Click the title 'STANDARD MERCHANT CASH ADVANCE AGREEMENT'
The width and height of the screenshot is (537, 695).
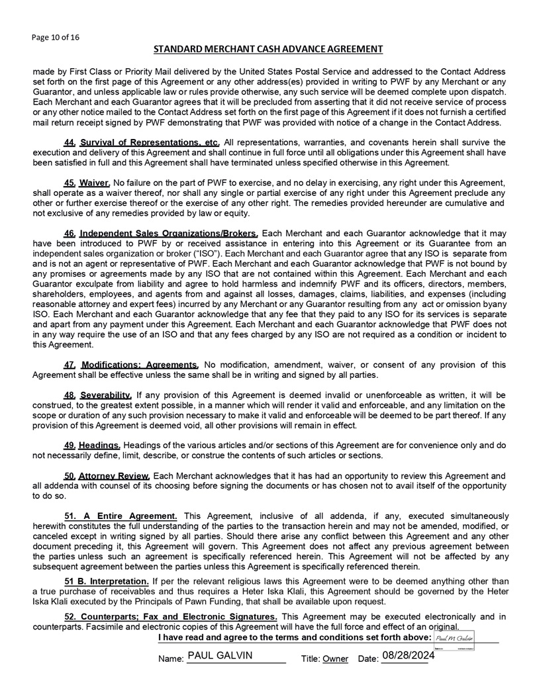click(x=268, y=49)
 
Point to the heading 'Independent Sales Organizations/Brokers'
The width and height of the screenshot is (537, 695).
click(x=170, y=233)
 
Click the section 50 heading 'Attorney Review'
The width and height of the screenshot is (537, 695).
click(x=115, y=475)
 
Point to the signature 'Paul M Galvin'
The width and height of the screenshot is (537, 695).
click(x=453, y=637)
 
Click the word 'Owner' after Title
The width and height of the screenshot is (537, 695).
click(x=336, y=659)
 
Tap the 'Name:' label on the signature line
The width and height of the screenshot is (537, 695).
click(x=171, y=659)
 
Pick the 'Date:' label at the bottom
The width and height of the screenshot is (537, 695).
click(x=367, y=659)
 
